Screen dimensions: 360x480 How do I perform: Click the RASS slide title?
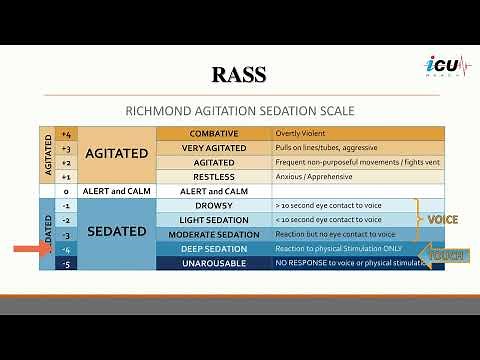[239, 74]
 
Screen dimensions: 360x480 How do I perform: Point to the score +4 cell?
[66, 133]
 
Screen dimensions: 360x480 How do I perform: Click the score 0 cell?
[66, 190]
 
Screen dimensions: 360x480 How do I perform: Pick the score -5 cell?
[66, 262]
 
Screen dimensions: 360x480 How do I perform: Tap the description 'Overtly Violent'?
[305, 133]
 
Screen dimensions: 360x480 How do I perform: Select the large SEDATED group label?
[117, 230]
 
